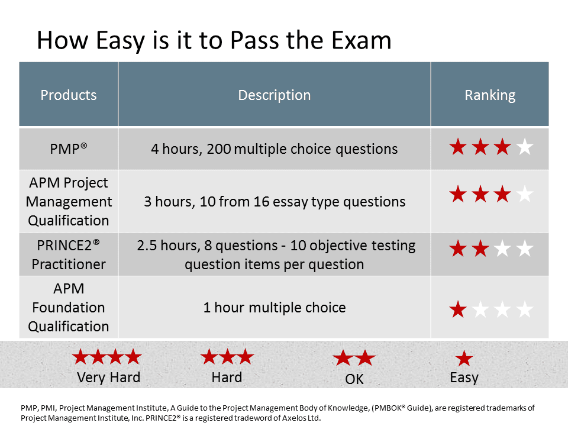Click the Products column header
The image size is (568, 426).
tap(69, 95)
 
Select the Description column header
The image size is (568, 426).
tap(274, 95)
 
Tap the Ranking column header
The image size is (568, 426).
tap(490, 95)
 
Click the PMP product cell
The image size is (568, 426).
tap(69, 149)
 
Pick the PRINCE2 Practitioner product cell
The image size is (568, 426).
tap(69, 254)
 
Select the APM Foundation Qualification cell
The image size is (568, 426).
tap(69, 307)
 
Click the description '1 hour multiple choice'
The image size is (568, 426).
tap(274, 308)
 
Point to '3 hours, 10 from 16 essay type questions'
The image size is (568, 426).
tap(274, 202)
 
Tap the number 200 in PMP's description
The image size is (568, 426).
tap(219, 149)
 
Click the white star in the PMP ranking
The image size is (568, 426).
tap(525, 147)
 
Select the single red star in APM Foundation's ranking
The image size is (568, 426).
tap(458, 309)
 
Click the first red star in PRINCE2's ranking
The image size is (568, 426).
tap(458, 248)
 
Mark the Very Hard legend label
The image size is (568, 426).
tap(108, 377)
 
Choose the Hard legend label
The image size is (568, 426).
tap(227, 377)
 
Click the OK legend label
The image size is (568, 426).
tap(354, 379)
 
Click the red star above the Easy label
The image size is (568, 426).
tap(464, 359)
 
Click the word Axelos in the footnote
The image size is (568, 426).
tap(293, 418)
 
